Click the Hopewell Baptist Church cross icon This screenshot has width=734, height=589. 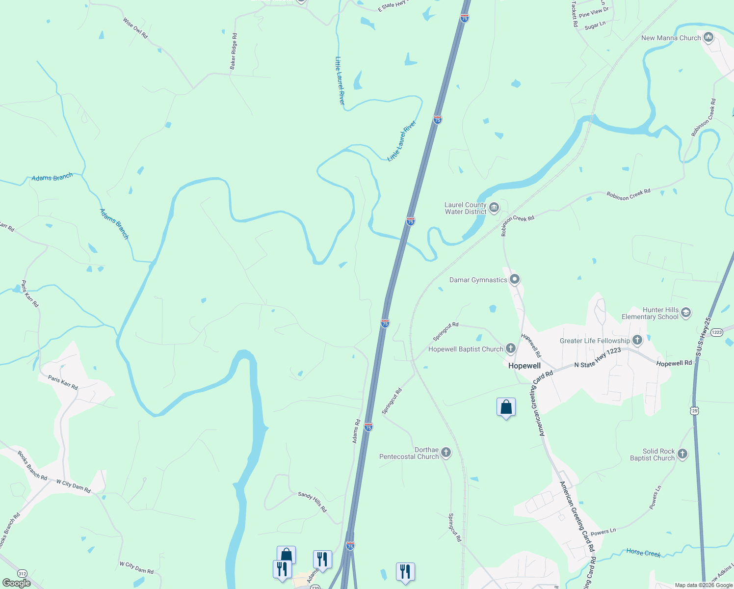[511, 349]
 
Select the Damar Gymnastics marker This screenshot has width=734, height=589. [515, 280]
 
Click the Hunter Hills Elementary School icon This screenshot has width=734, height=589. [686, 313]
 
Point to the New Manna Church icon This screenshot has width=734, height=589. [708, 37]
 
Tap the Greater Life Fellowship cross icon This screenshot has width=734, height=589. [637, 340]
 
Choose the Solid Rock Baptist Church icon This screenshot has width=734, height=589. [682, 454]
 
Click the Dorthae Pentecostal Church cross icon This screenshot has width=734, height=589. [446, 453]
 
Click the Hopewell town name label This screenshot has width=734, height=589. [524, 366]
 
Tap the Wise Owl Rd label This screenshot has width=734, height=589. [135, 28]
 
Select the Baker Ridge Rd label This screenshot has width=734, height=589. [234, 51]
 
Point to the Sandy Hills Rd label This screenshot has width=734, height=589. [312, 502]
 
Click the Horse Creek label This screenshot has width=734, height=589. [643, 553]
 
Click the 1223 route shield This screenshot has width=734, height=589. [716, 332]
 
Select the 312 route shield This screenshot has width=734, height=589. [22, 573]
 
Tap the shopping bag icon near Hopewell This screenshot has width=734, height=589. [506, 407]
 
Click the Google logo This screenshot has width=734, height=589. [16, 583]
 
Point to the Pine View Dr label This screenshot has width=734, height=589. [594, 12]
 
